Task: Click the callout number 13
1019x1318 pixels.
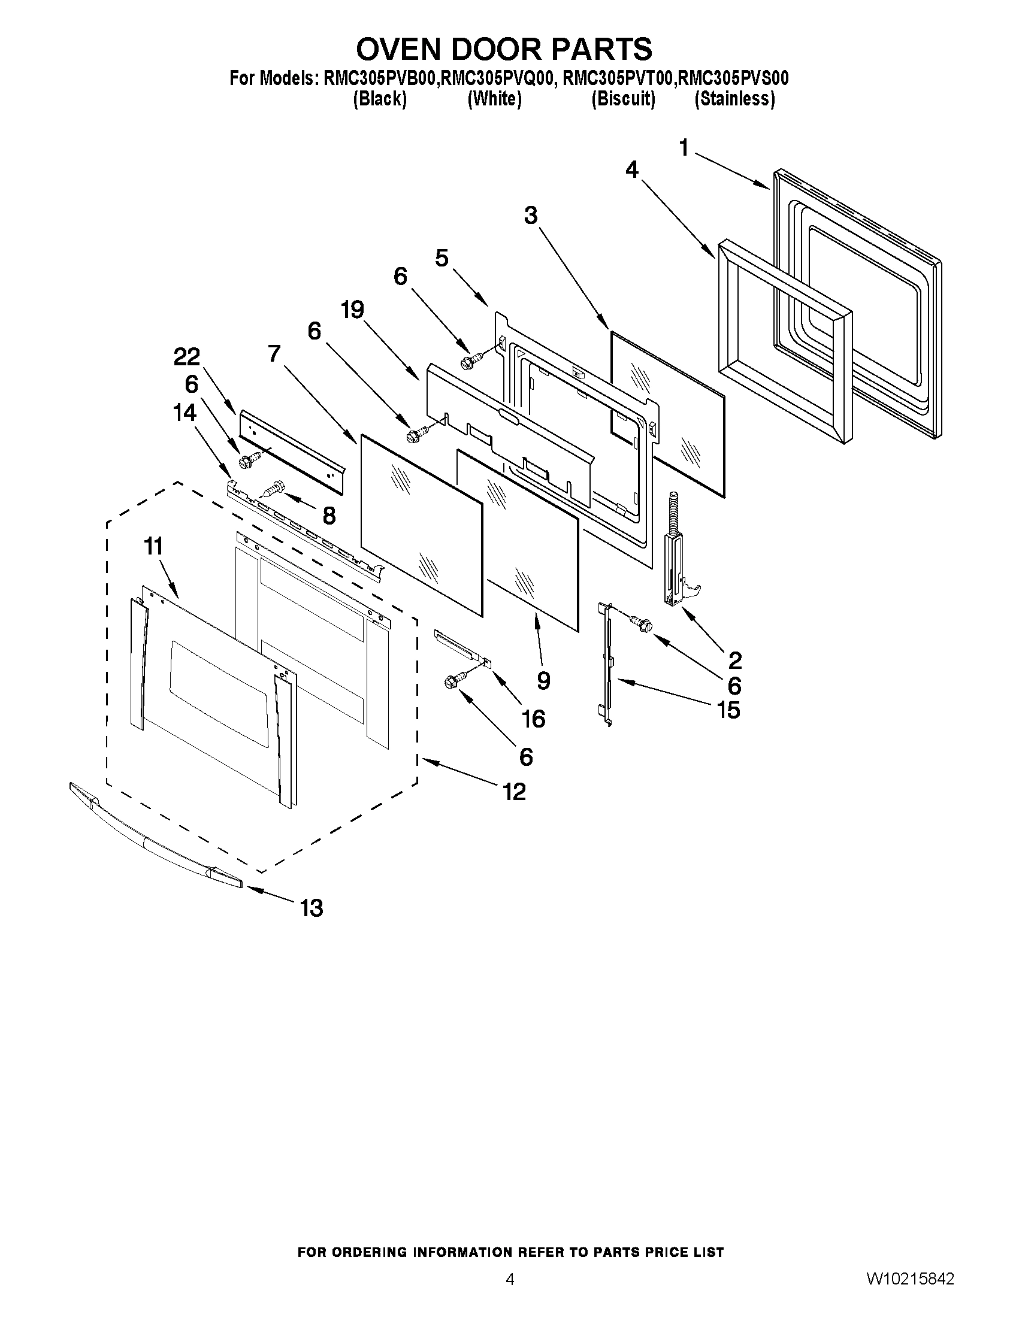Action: point(312,907)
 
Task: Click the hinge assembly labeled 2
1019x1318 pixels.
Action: point(675,561)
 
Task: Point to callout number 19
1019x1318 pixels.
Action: point(352,310)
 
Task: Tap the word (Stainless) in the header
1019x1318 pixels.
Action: point(734,98)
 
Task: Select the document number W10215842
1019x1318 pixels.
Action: point(911,1278)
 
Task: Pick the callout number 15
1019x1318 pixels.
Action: point(728,710)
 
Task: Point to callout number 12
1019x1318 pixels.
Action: point(514,791)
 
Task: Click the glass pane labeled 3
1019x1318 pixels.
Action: point(667,413)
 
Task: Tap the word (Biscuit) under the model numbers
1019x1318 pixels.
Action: point(623,98)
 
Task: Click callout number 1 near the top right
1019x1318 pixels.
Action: point(684,147)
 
